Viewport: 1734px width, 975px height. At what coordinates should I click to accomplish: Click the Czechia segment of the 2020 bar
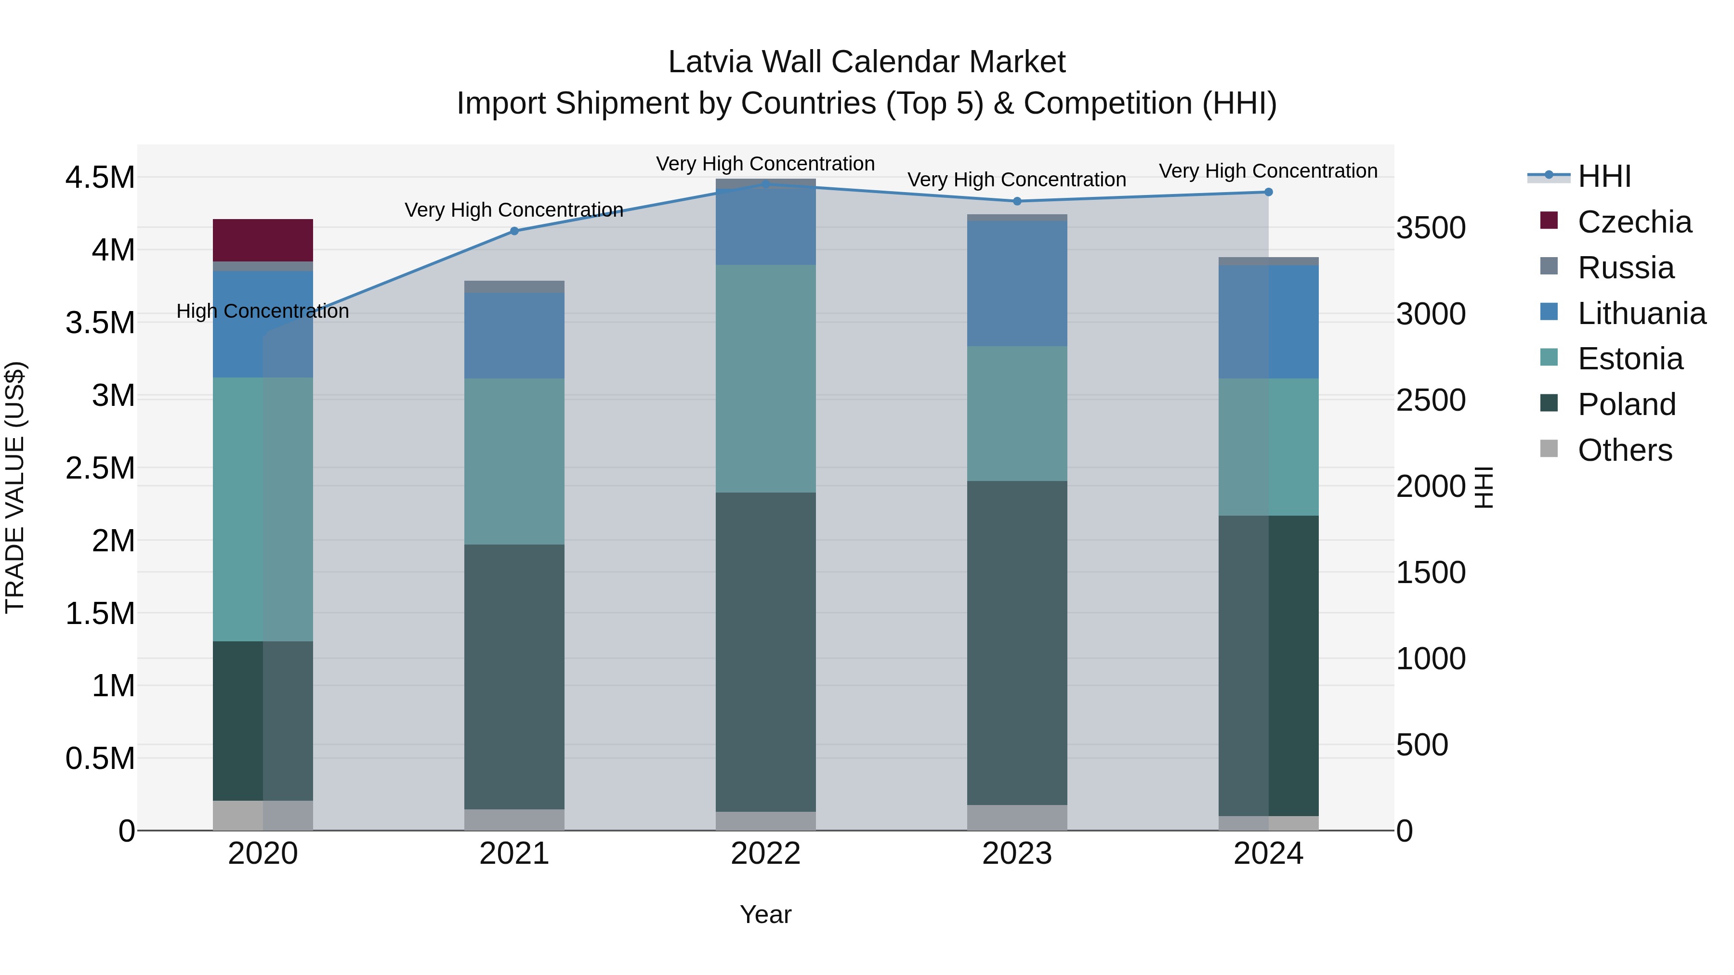point(263,240)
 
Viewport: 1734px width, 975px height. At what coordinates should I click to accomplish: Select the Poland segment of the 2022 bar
point(765,651)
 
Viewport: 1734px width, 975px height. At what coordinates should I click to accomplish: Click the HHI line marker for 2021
point(514,231)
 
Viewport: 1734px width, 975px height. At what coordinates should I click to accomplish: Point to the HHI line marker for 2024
point(1268,192)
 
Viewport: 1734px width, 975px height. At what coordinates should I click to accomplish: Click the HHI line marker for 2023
point(1017,201)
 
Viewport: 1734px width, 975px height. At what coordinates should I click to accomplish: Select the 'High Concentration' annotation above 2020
point(263,311)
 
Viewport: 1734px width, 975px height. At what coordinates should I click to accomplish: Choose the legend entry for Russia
point(1625,267)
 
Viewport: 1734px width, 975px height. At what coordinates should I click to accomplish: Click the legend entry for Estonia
point(1629,359)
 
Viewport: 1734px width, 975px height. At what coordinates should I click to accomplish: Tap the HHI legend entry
point(1603,176)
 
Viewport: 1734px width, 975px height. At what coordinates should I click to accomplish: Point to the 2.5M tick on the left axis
point(100,468)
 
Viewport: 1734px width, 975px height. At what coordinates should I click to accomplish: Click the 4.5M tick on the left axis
point(100,178)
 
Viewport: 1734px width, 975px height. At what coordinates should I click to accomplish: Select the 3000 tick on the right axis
point(1431,313)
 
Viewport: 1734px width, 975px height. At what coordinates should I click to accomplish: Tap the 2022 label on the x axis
point(765,853)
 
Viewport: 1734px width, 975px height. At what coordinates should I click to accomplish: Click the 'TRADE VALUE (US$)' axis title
point(15,487)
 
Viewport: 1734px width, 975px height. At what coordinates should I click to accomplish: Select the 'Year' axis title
point(765,914)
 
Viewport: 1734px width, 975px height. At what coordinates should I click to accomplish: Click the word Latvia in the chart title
point(709,62)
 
